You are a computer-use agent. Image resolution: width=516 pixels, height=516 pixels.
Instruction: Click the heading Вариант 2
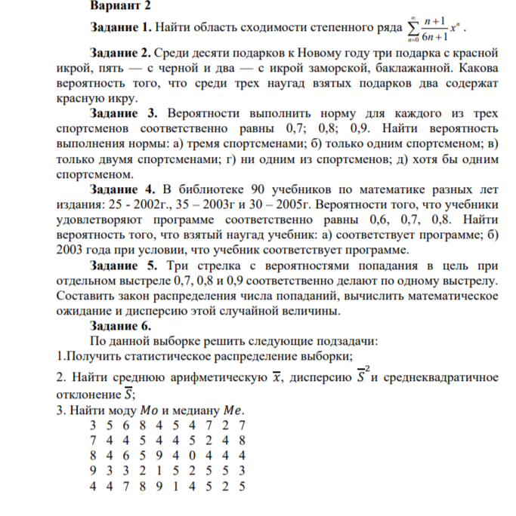(121, 5)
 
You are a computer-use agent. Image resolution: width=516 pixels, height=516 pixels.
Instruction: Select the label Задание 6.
(120, 326)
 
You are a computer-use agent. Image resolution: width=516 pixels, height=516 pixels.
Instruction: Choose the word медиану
(196, 410)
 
